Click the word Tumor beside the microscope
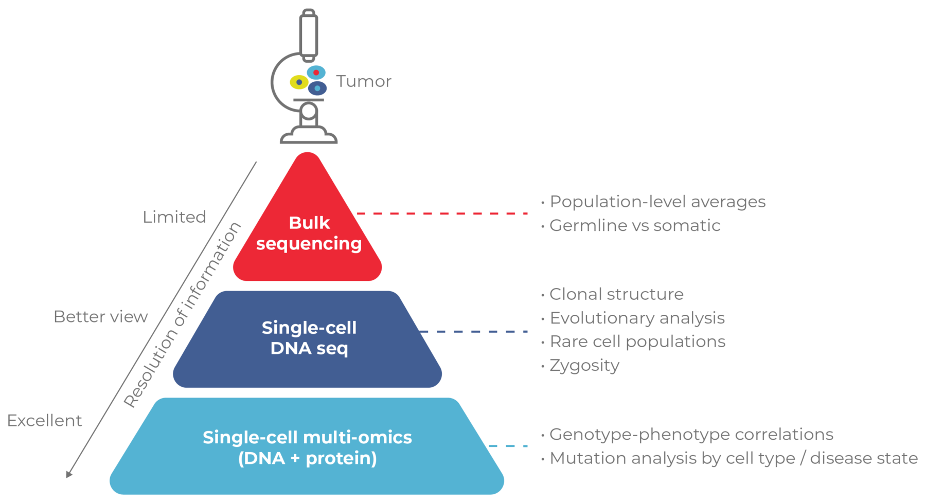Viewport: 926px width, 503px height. click(x=363, y=81)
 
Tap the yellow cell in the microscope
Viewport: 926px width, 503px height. click(x=298, y=82)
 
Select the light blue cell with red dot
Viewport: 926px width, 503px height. click(x=316, y=72)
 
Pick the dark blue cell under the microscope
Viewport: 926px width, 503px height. click(x=317, y=88)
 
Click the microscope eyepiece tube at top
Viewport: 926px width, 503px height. click(x=309, y=33)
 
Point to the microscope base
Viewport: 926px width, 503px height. click(x=308, y=137)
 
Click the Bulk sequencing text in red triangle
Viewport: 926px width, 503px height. click(x=309, y=233)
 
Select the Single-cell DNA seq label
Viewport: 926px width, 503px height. click(x=309, y=338)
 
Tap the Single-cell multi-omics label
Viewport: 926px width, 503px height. click(x=307, y=447)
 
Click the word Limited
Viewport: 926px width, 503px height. click(x=174, y=217)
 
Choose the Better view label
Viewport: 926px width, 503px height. click(x=100, y=317)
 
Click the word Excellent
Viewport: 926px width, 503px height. click(x=44, y=421)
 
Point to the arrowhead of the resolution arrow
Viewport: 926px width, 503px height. click(x=69, y=474)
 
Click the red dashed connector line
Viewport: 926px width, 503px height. click(x=442, y=213)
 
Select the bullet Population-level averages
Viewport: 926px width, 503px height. click(x=657, y=202)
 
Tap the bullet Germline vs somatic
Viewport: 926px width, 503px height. click(x=634, y=225)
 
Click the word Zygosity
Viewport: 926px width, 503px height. click(x=584, y=365)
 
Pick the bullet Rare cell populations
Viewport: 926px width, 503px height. click(x=637, y=342)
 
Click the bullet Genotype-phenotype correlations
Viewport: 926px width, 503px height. click(x=691, y=435)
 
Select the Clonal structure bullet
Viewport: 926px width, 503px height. click(x=616, y=294)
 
